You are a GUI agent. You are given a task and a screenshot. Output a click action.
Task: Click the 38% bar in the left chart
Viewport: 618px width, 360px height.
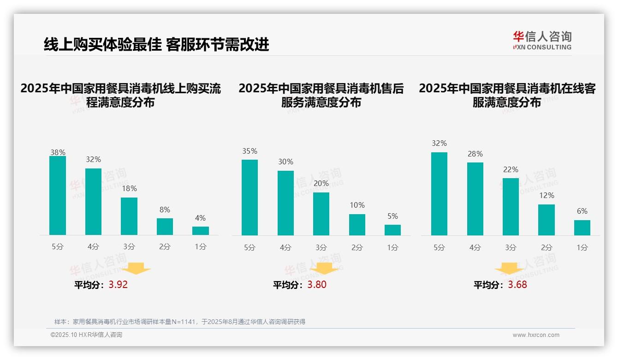pos(58,196)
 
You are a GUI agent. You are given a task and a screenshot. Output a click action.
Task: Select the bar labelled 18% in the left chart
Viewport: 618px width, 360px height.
pos(129,216)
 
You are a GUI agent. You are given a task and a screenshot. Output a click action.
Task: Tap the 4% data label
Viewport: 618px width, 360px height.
pos(200,218)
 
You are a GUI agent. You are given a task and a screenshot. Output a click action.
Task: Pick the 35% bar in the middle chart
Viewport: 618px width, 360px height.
pos(250,198)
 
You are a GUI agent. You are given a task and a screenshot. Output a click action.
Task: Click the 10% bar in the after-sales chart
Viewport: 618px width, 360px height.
pos(357,225)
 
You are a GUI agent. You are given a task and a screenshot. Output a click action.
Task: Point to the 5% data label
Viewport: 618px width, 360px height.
pos(392,216)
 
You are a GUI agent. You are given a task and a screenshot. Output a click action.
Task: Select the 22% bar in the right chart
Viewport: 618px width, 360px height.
pos(511,207)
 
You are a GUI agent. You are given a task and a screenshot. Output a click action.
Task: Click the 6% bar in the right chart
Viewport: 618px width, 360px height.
pos(582,228)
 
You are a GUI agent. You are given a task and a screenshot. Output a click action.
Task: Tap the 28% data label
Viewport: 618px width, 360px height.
pos(475,154)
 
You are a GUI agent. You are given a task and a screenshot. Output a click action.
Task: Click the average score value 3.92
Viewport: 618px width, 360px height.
pos(118,285)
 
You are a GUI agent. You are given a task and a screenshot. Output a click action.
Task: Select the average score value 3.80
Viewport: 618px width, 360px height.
pos(317,285)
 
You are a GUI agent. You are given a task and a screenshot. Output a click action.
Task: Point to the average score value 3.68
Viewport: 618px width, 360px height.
pos(517,285)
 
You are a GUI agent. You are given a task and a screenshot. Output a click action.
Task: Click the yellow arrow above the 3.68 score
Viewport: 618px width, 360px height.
pos(509,269)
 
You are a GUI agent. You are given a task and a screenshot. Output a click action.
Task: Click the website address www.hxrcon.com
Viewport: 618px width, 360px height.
pos(536,335)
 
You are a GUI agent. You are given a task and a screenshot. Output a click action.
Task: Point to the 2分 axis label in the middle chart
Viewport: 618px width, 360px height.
pos(357,247)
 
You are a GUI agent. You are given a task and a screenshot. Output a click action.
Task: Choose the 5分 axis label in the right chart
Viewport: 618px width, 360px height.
pos(439,247)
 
